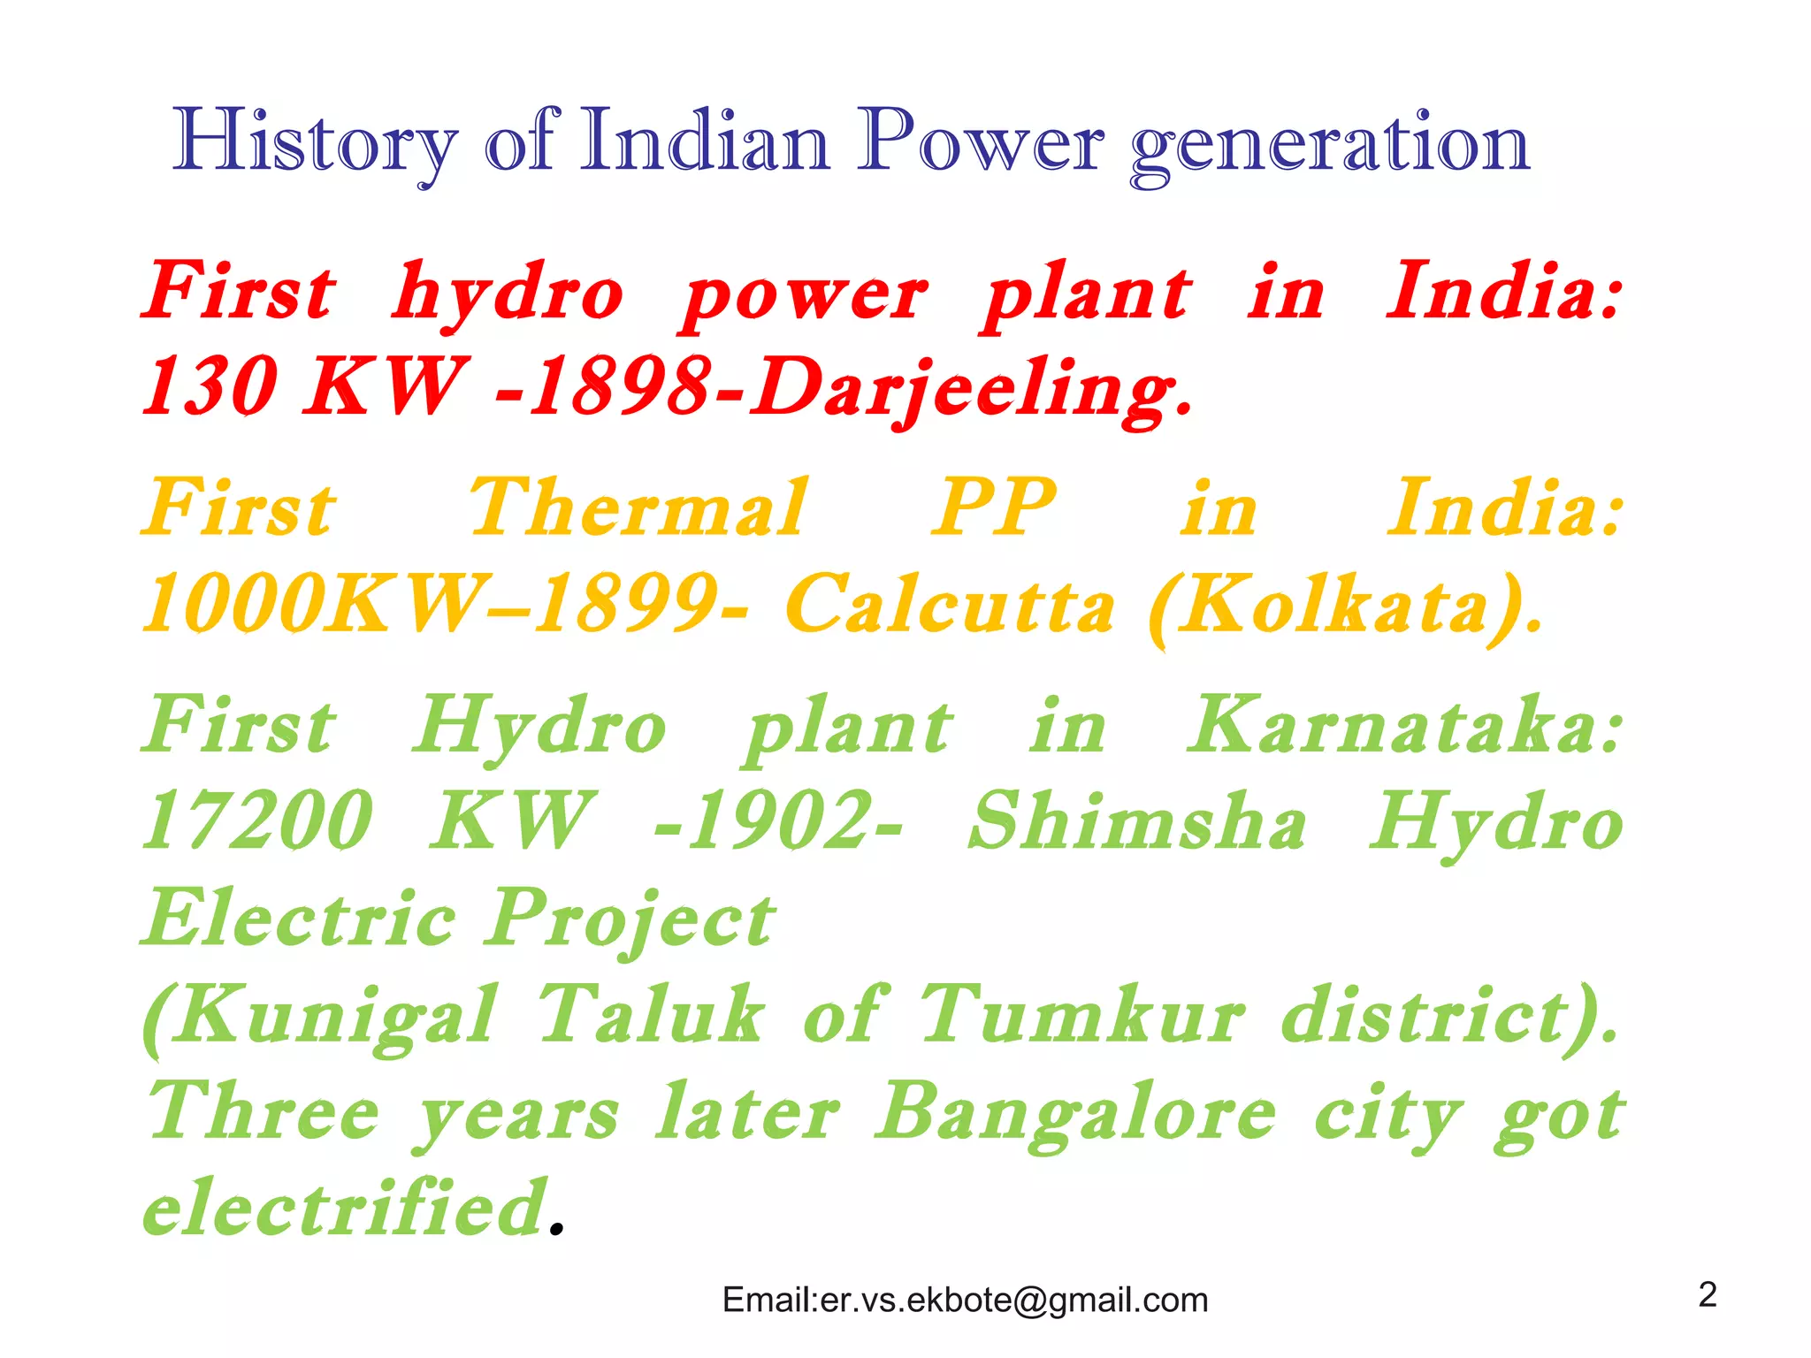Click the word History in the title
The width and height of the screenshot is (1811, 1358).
[x=315, y=141]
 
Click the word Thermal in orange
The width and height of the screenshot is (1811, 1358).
[x=638, y=507]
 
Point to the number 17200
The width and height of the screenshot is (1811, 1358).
[x=257, y=820]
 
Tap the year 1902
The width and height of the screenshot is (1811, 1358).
[x=778, y=820]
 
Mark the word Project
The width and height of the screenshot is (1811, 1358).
[x=631, y=919]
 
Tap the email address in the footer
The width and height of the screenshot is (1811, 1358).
[x=965, y=1300]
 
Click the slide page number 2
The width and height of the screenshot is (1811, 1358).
[x=1708, y=1294]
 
